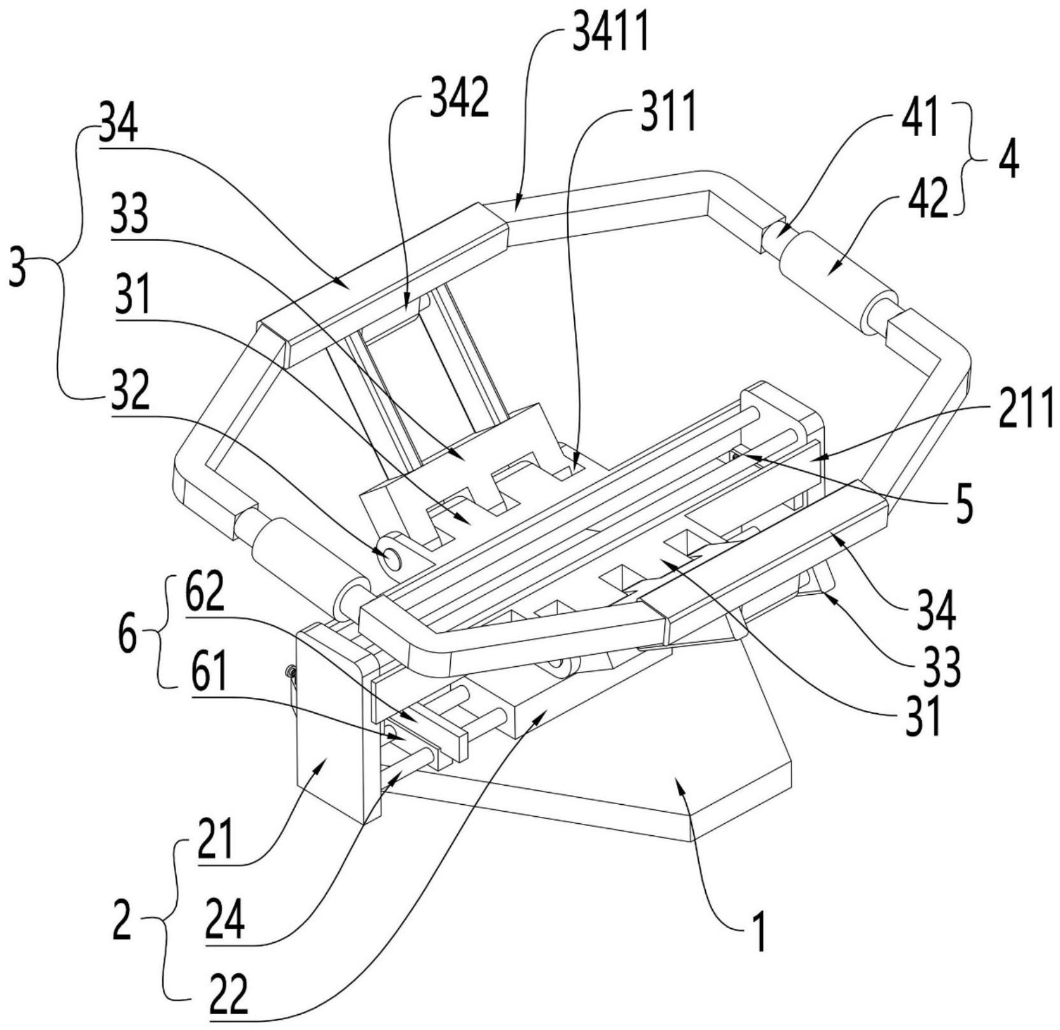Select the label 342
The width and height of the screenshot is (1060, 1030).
point(459,99)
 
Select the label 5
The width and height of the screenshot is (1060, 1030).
point(965,504)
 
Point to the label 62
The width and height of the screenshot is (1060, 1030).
point(205,594)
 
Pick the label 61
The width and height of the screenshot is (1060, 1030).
point(209,676)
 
